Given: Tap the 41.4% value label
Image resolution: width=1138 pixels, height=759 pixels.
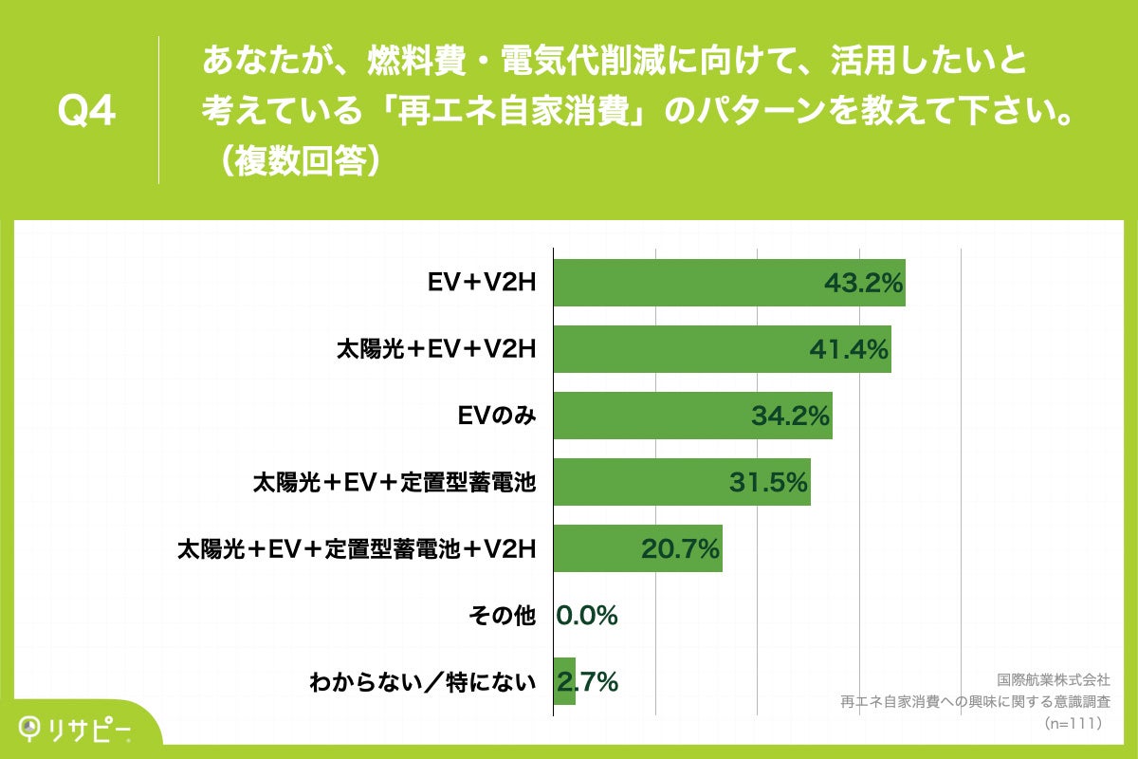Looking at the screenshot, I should (x=848, y=349).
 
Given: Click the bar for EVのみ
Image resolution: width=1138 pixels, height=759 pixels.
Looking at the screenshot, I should (x=664, y=416).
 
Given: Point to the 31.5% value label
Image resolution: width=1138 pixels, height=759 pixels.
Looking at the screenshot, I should (x=768, y=482).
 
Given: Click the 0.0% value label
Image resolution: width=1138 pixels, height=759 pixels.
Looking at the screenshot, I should (x=587, y=616).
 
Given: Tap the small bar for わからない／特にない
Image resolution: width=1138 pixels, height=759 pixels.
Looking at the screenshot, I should (x=563, y=681).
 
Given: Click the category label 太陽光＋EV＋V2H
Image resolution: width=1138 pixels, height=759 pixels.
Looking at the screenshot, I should (x=437, y=349).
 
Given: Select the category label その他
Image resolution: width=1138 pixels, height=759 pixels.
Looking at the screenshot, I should (x=502, y=616).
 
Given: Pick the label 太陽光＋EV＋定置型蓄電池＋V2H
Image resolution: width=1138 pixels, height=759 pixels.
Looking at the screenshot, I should (x=358, y=548).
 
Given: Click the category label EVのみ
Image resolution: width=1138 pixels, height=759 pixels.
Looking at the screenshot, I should (x=497, y=416).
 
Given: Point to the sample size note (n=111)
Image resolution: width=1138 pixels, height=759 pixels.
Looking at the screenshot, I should (x=1072, y=723).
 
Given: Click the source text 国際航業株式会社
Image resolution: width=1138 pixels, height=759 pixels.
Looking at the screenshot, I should (x=1054, y=680).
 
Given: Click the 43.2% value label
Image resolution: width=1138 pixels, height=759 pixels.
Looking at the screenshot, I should (x=862, y=283).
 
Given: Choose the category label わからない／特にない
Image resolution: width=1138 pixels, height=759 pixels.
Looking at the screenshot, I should (x=423, y=681).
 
